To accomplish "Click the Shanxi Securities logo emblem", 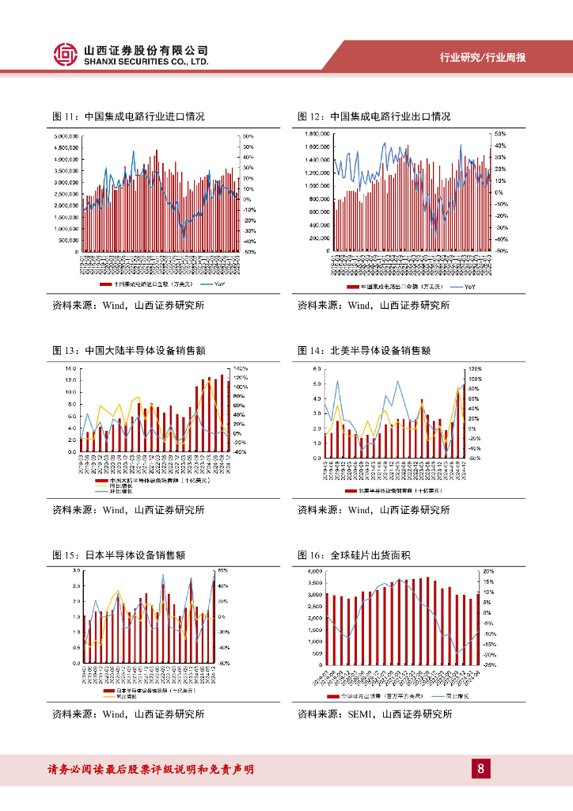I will (66, 54).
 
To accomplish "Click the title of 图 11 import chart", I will (128, 116).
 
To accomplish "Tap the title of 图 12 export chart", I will (374, 116).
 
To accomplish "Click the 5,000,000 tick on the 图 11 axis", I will (65, 136).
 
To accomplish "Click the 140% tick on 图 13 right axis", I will (239, 369).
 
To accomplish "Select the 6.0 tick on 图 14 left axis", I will (316, 369).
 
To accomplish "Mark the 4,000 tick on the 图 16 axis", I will (313, 571).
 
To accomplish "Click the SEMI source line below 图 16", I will (374, 714).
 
